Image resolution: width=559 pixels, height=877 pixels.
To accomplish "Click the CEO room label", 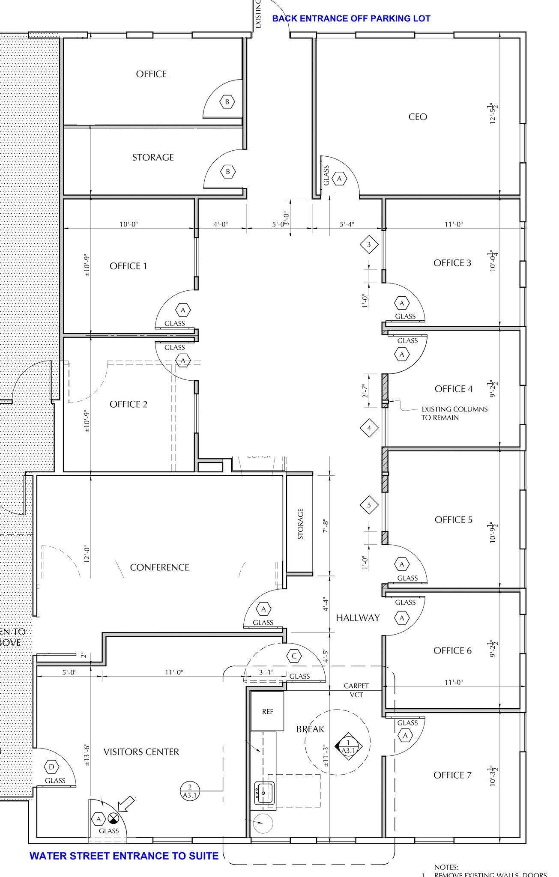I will coord(418,117).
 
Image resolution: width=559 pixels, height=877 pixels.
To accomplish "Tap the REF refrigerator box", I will coord(267,712).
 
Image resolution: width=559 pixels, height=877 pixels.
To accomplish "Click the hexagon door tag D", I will coord(52,767).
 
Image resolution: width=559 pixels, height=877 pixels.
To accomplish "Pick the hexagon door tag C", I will coord(294,656).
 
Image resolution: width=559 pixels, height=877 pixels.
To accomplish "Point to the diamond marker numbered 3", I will coord(369,245).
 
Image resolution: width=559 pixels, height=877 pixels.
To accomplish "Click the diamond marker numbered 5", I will coord(369,505).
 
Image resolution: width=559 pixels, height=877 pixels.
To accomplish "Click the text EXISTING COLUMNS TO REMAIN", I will coord(454,413).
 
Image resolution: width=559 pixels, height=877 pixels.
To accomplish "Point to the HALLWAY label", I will coord(358,617).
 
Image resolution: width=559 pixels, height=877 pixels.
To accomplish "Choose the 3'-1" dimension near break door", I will coord(266,672).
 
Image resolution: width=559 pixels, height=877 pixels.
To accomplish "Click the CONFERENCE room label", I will coord(159,567).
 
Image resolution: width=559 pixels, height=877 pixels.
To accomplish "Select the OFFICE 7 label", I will coord(452,775).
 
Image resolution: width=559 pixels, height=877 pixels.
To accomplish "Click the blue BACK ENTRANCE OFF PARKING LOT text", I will coord(351,18).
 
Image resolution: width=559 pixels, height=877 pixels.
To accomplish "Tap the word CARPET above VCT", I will coord(356,686).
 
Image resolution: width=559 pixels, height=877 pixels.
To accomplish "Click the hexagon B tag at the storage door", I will coord(228,172).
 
